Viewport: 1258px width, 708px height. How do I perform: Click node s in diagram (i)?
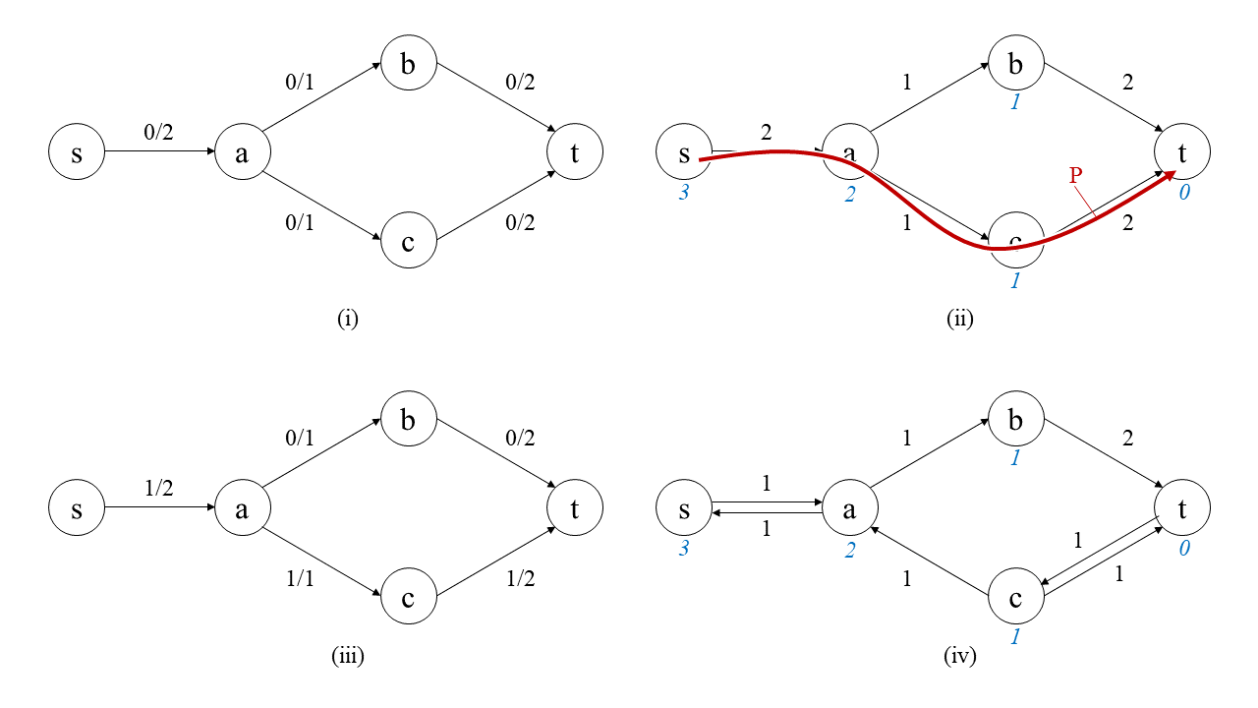click(x=77, y=152)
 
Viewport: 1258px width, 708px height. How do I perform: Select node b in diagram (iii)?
click(x=408, y=420)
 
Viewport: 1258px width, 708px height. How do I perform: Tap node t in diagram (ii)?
click(x=1182, y=152)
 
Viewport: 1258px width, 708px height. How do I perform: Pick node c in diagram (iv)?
click(x=1015, y=598)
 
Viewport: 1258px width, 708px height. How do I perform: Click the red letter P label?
click(x=1075, y=176)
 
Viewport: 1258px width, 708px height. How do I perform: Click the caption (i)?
click(x=348, y=319)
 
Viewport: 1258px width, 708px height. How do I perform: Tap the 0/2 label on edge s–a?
click(x=158, y=133)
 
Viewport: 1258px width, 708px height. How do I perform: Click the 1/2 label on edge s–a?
click(x=158, y=488)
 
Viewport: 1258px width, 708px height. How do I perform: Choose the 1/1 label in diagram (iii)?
click(x=299, y=579)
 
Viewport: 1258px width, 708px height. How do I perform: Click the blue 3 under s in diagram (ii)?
click(x=683, y=194)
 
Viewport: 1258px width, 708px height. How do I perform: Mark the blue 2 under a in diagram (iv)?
click(x=849, y=549)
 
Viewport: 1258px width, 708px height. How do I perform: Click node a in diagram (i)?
click(x=242, y=152)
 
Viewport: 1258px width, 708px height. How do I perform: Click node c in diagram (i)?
click(x=408, y=241)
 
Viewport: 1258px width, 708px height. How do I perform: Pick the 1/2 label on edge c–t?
click(x=520, y=579)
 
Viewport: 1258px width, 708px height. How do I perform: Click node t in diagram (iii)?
click(x=575, y=508)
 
